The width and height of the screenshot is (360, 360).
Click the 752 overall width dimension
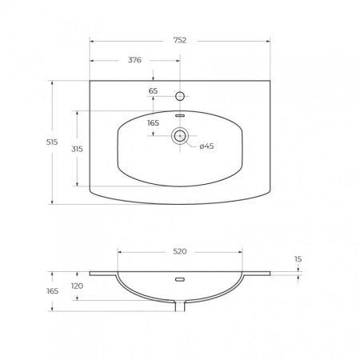pos(180,40)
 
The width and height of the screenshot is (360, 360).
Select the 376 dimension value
pos(134,60)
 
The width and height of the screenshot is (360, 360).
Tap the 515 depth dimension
pos(52,142)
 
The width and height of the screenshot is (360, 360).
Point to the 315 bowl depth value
pos(77,149)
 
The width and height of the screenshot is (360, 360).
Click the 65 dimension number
pos(153,91)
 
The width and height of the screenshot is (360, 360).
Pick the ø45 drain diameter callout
pos(206,146)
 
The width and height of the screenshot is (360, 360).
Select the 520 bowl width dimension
pos(180,251)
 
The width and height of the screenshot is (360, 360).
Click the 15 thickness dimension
pos(298,259)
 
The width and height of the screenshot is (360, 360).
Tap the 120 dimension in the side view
pos(77,286)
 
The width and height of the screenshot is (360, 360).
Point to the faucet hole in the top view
pos(180,96)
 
